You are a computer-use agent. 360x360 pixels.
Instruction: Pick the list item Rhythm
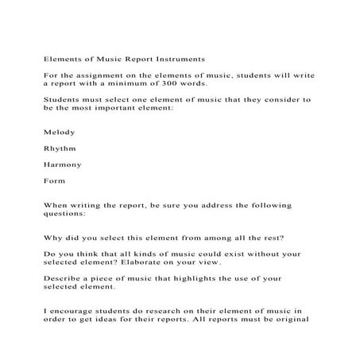click(59, 148)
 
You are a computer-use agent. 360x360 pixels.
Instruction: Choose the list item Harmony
click(61, 165)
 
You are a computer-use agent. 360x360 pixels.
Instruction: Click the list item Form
click(54, 180)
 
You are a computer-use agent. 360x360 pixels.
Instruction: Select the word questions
click(69, 214)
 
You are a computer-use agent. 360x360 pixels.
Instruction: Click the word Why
click(52, 238)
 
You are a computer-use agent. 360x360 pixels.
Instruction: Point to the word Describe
click(64, 279)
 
